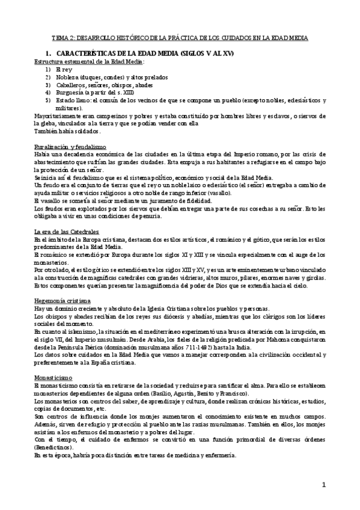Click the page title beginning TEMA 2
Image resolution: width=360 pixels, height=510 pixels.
180,38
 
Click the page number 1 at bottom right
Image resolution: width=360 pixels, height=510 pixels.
323,485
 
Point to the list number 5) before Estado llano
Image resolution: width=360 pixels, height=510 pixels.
47,100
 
